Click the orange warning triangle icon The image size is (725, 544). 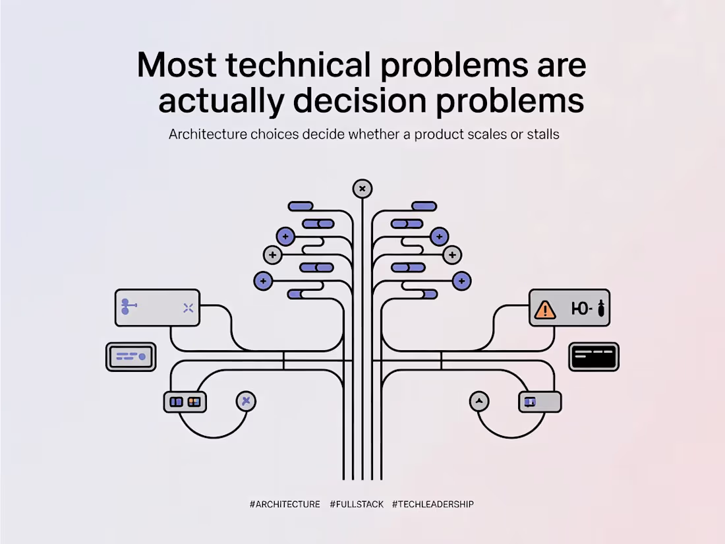[x=544, y=309]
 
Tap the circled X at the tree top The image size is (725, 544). [x=362, y=189]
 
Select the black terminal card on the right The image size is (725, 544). [x=594, y=357]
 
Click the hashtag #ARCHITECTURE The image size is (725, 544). [x=285, y=504]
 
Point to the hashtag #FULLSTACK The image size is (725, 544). [x=357, y=504]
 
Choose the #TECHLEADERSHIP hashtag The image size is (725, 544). [x=433, y=504]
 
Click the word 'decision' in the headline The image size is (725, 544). [x=360, y=100]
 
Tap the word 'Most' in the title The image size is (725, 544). [x=177, y=65]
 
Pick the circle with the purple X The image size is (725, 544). [x=246, y=401]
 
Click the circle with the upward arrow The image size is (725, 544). [x=479, y=401]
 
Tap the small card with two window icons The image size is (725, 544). [x=185, y=402]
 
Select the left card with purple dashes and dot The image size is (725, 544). [x=131, y=357]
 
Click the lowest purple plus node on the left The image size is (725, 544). [x=263, y=281]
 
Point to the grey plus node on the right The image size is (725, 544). [x=452, y=255]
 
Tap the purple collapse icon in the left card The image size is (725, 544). [x=188, y=308]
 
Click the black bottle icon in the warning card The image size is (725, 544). [x=601, y=308]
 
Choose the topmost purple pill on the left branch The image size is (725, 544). [x=301, y=206]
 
